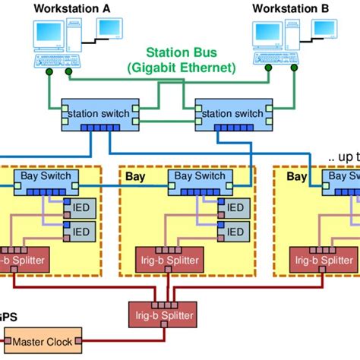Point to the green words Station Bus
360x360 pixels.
[182, 54]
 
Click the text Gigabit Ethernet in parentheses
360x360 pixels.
[182, 68]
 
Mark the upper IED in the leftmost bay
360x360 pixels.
[80, 207]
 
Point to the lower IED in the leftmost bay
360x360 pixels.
[80, 231]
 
